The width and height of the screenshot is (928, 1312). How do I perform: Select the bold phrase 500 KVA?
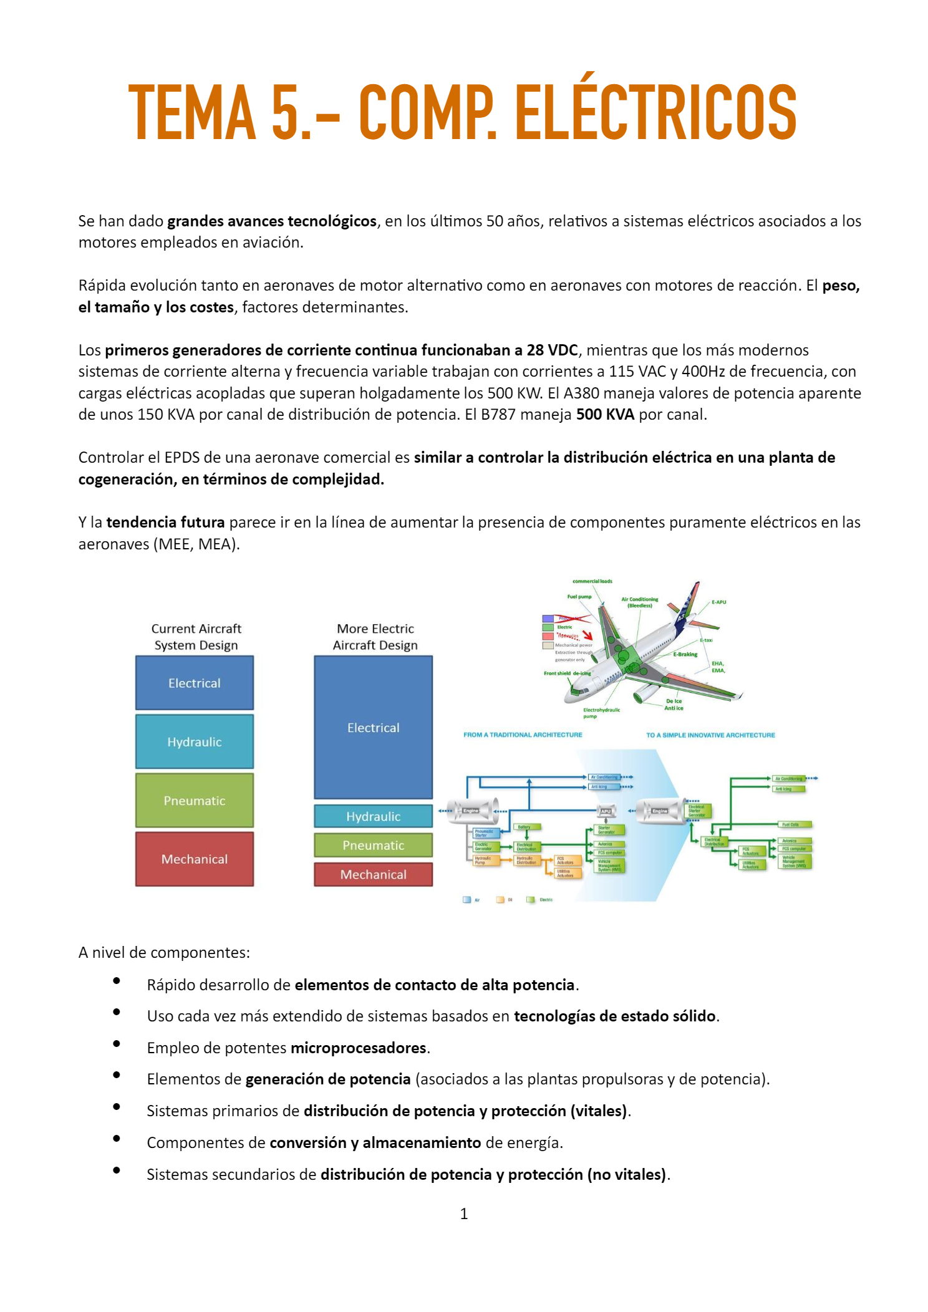point(605,415)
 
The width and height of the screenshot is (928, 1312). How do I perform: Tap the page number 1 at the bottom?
point(463,1213)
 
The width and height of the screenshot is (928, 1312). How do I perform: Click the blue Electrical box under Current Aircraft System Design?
point(195,683)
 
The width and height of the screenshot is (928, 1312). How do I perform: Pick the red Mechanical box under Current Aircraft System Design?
point(195,859)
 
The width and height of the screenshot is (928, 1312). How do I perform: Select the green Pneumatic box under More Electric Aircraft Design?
point(373,846)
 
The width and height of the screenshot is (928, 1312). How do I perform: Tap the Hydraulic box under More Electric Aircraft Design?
point(373,816)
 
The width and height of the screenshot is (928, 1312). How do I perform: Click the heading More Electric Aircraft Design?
point(375,637)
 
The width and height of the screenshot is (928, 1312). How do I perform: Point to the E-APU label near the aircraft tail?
point(719,602)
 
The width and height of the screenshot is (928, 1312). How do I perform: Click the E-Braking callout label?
point(685,654)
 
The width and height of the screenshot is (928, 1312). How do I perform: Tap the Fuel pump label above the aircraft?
point(579,597)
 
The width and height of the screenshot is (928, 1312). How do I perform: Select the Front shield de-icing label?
point(567,673)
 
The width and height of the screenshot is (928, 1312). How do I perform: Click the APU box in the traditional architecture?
point(606,811)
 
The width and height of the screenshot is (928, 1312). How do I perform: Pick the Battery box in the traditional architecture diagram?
point(524,827)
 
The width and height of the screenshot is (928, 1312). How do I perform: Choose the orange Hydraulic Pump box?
point(483,861)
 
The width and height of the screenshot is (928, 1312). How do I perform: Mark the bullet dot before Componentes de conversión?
point(117,1139)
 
